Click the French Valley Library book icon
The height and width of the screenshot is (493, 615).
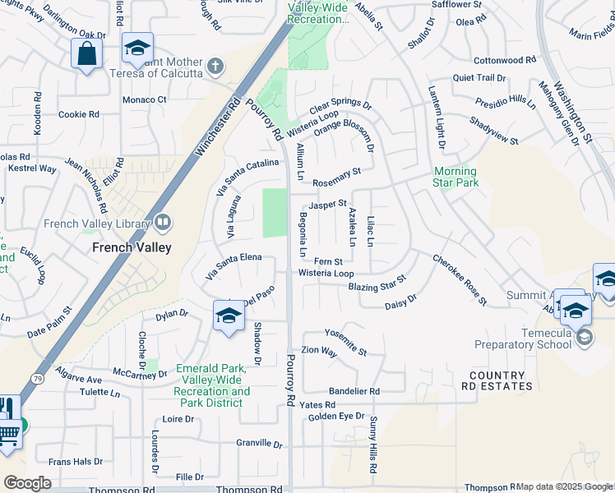coord(162,222)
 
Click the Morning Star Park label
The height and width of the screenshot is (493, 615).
coord(455,177)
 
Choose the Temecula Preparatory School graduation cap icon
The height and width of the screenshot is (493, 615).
coord(584,337)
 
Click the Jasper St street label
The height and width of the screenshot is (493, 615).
coord(328,204)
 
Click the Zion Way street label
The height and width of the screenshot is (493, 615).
coord(320,352)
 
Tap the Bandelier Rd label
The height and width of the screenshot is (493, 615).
coord(354,392)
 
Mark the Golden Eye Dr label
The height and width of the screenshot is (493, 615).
coord(335,417)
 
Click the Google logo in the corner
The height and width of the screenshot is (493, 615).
coord(27,483)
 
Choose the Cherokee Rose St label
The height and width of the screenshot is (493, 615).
coord(460,281)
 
